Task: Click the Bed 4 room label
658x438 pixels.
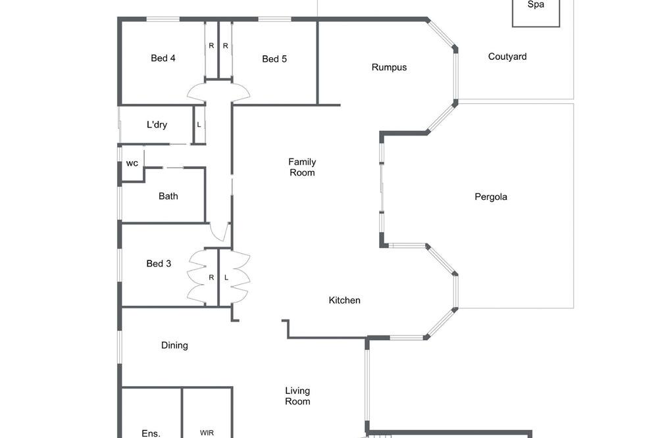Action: click(x=163, y=59)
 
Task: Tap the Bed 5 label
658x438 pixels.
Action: click(x=274, y=59)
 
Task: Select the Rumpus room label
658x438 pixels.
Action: click(x=389, y=68)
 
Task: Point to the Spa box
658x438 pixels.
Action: click(x=536, y=12)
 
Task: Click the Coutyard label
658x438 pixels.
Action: click(x=507, y=57)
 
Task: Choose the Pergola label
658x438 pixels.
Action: click(x=491, y=197)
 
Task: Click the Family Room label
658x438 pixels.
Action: click(x=302, y=168)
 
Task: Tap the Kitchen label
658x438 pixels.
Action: click(x=344, y=301)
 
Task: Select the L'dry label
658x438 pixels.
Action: click(x=157, y=124)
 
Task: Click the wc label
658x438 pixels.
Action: click(x=132, y=164)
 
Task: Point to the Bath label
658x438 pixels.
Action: click(x=168, y=197)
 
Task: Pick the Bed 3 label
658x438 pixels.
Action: click(x=159, y=264)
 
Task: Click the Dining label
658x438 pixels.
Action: click(x=174, y=345)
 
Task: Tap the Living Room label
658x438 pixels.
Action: click(x=297, y=396)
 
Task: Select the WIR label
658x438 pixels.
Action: click(x=207, y=433)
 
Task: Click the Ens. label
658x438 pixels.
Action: click(x=151, y=433)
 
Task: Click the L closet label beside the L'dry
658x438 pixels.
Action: click(x=199, y=125)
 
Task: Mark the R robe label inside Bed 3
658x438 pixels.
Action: click(x=211, y=278)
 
